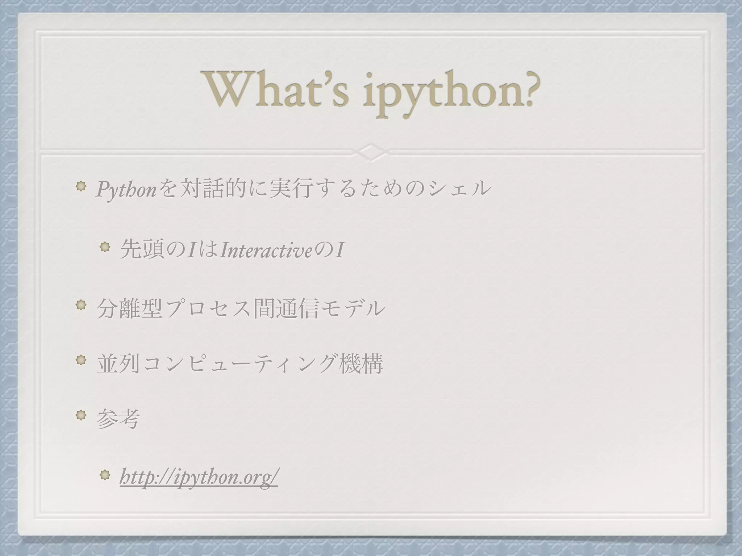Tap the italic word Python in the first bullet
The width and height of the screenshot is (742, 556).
[x=125, y=190]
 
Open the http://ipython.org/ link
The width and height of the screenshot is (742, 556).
[x=199, y=479]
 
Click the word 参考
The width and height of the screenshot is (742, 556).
[x=118, y=420]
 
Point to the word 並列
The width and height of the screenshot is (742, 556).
[x=118, y=365]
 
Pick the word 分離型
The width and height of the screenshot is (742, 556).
[x=129, y=309]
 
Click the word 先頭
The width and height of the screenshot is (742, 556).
[x=142, y=250]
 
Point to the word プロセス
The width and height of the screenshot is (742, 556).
[x=208, y=309]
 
